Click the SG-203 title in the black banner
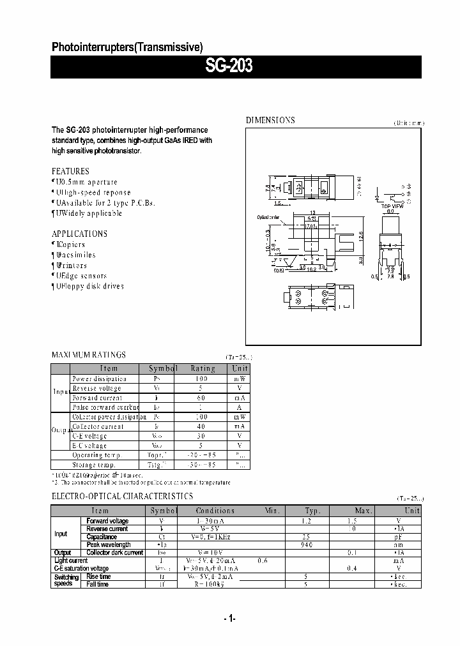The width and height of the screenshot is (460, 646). coord(229,66)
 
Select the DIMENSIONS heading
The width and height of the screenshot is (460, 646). coord(271,120)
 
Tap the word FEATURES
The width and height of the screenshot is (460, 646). coord(70,171)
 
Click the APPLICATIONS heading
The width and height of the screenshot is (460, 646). coord(79,234)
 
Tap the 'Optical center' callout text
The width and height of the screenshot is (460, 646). coord(268,218)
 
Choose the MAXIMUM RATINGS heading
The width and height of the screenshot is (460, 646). coord(88,355)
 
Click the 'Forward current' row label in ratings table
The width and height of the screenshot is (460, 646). coord(97,398)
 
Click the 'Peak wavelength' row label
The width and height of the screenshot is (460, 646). coord(109,545)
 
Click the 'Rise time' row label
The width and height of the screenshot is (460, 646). coord(98,576)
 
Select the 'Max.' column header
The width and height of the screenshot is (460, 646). coord(364,511)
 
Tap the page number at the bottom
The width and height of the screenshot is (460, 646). coord(230,618)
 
